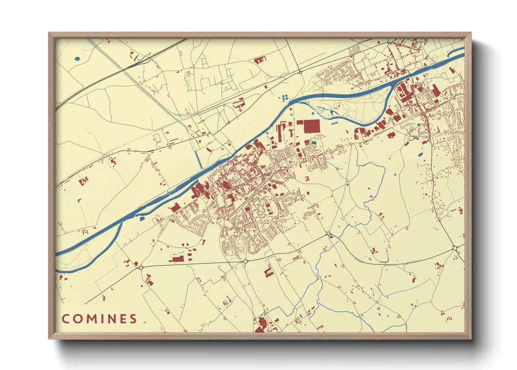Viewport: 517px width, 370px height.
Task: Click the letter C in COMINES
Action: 66,319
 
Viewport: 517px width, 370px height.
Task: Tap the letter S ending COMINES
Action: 133,319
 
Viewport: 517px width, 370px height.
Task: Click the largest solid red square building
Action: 312,126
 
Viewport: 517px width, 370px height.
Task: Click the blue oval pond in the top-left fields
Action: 77,58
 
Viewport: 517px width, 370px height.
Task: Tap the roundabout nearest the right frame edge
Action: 455,248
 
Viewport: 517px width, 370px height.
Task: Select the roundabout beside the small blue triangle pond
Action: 328,233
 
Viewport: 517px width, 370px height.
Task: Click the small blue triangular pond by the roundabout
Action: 331,237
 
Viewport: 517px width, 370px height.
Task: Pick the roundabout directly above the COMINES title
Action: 141,268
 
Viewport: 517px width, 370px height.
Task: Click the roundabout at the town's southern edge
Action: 245,261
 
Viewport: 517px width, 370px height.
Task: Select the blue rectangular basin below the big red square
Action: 313,143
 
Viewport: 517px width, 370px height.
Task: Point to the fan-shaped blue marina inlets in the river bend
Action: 330,112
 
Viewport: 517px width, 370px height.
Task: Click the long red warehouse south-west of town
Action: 176,259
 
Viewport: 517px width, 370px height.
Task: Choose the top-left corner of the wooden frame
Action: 49,33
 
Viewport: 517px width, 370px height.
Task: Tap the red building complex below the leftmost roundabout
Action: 150,280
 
